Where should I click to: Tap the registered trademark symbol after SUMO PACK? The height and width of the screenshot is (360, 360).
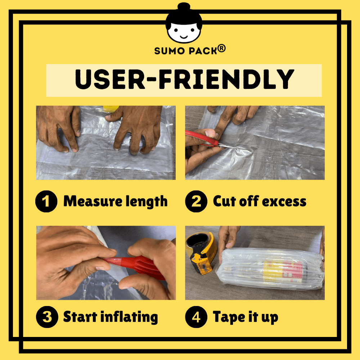tap(221, 49)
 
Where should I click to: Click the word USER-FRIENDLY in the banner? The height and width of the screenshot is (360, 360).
tap(184, 79)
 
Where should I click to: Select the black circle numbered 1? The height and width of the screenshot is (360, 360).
tap(46, 201)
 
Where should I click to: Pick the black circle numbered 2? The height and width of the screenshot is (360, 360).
tap(196, 201)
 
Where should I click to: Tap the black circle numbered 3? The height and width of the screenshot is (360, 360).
tap(47, 317)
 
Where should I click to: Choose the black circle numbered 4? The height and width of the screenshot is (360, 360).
tap(196, 317)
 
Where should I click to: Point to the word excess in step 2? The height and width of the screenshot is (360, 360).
tap(284, 202)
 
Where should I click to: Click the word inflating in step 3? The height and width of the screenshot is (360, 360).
tap(129, 317)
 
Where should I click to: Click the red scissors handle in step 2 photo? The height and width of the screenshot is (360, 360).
tap(202, 138)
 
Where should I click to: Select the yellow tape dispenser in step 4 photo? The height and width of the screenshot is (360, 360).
tap(201, 253)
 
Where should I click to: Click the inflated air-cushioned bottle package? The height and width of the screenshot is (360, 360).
tap(270, 269)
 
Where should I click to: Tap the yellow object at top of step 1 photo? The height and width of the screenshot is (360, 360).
tap(111, 109)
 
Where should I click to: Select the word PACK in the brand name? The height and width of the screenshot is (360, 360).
tap(203, 51)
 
